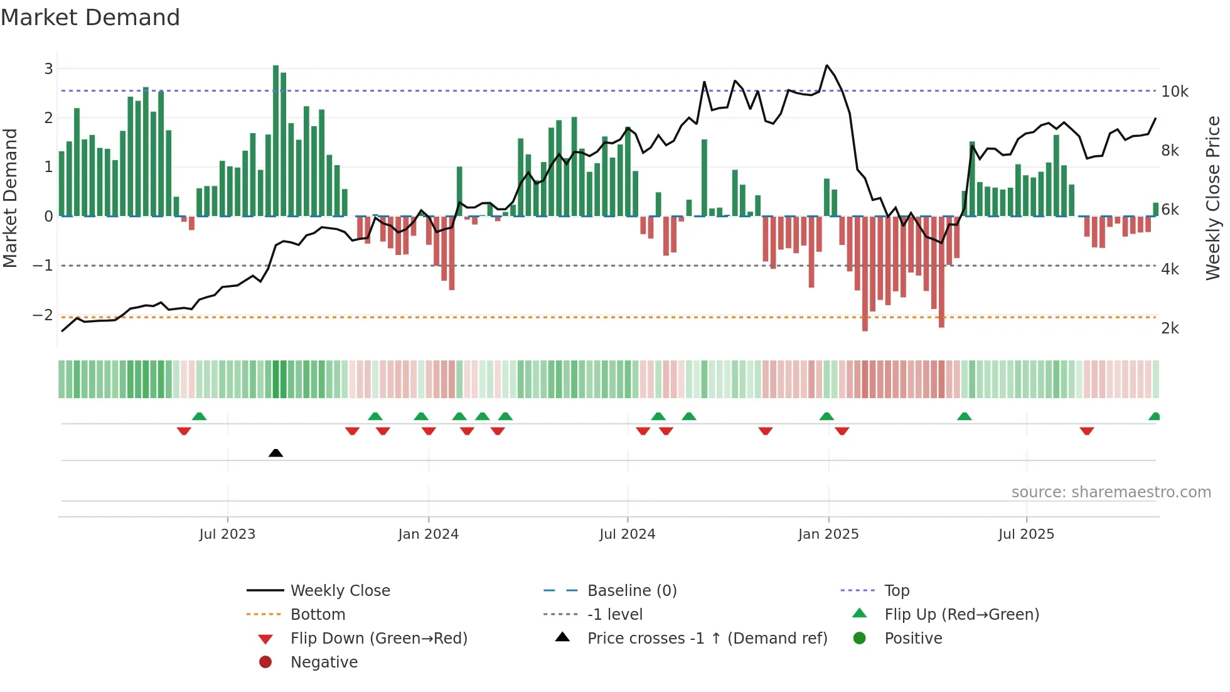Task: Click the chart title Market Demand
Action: point(90,18)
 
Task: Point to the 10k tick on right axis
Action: point(1174,92)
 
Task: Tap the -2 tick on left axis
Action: point(43,315)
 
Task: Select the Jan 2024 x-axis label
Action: point(428,534)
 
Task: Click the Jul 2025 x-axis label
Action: point(1026,534)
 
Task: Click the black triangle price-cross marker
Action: point(275,453)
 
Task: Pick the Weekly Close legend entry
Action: point(340,590)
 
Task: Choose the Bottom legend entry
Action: point(318,614)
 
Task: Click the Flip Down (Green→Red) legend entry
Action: point(378,638)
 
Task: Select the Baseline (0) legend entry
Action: point(631,590)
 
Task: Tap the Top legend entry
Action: point(896,590)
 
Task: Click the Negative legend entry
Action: point(324,662)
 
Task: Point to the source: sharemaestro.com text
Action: point(1111,492)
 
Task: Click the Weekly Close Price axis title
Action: point(1213,198)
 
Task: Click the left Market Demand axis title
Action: point(11,198)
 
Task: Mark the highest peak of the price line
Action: point(826,65)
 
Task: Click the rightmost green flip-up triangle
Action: point(1154,416)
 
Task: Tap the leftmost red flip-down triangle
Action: point(184,431)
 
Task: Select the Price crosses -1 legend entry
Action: point(707,638)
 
